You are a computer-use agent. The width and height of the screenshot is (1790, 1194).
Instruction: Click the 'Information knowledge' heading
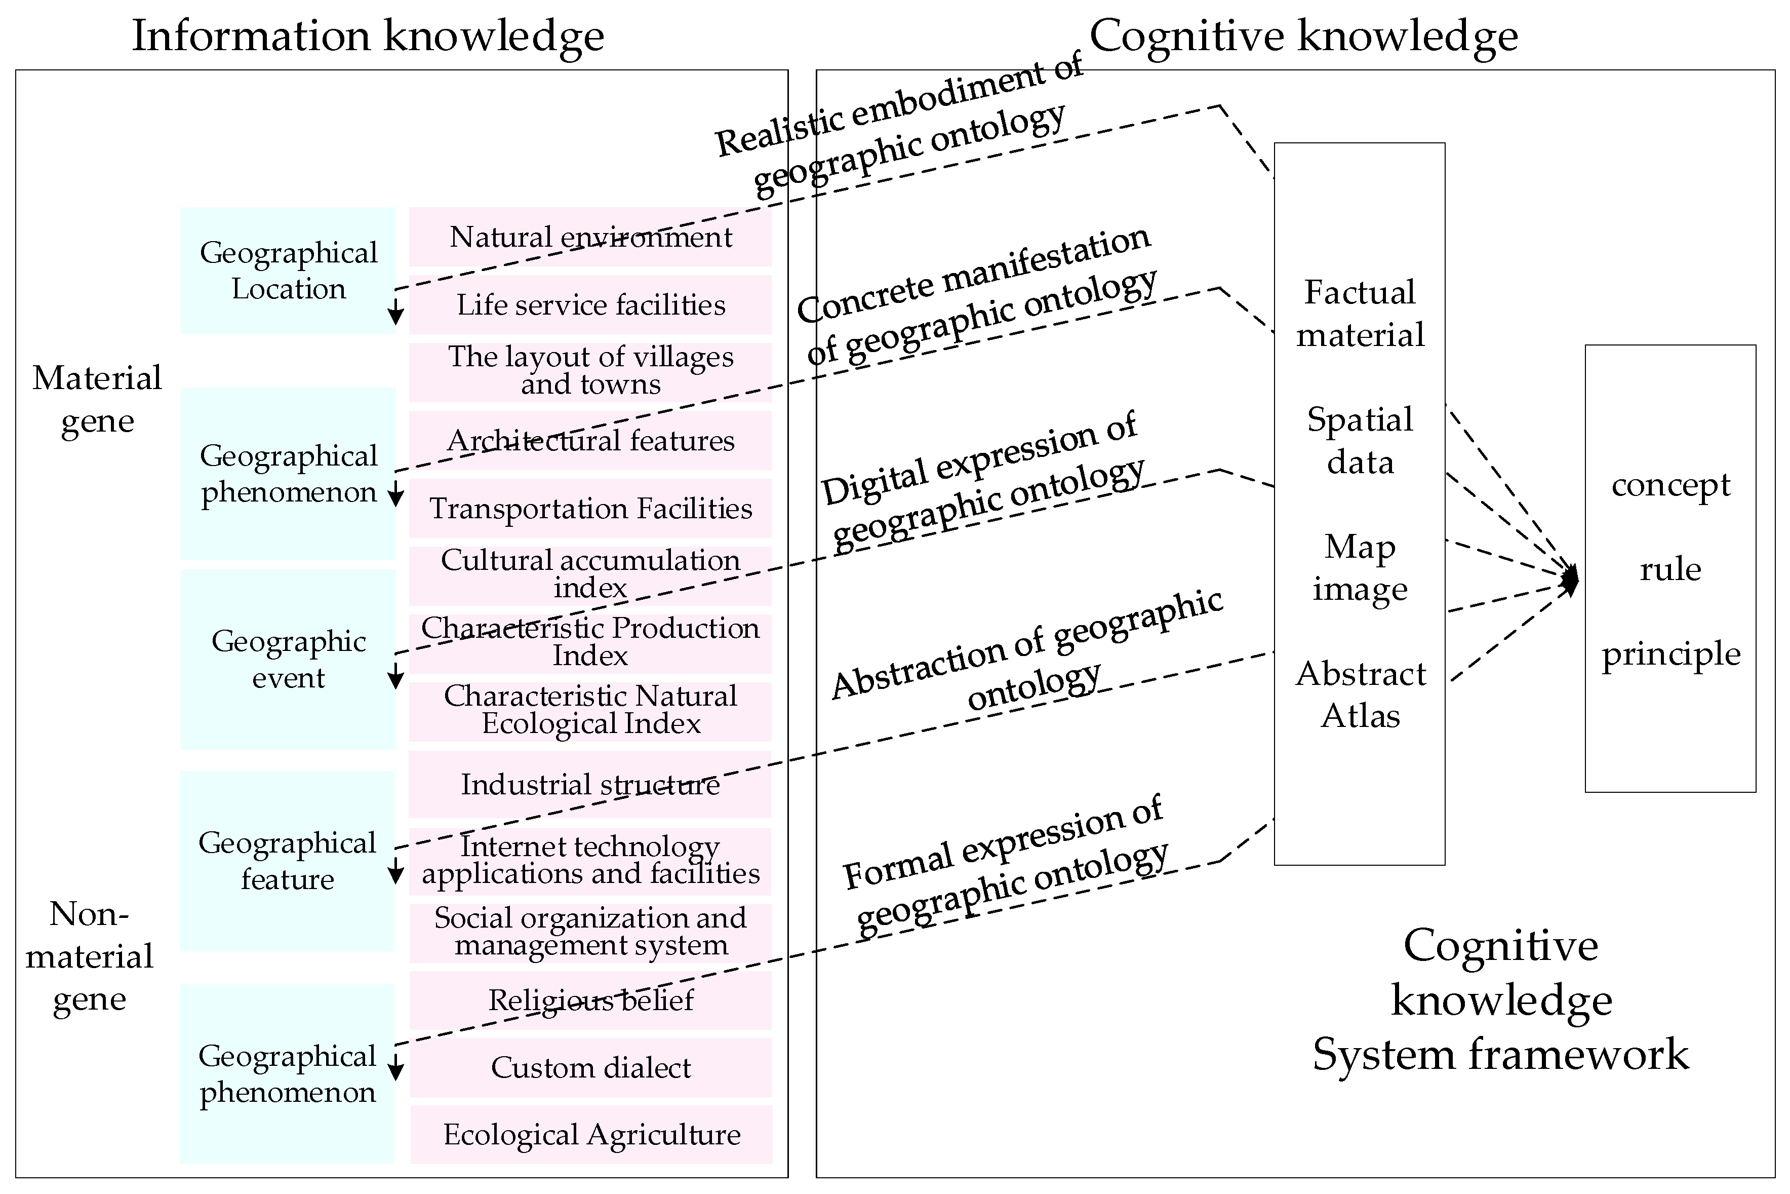click(368, 36)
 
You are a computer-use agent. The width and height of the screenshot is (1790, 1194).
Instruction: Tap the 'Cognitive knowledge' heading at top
click(1304, 36)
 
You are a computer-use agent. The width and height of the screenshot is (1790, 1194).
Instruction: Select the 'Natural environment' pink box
click(590, 237)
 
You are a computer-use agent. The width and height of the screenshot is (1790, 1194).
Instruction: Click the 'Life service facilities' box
click(590, 304)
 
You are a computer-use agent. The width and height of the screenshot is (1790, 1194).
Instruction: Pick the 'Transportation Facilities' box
click(590, 508)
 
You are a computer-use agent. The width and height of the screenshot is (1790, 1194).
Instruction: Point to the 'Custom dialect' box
click(590, 1067)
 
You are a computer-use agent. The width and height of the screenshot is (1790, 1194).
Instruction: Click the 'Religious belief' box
click(590, 1000)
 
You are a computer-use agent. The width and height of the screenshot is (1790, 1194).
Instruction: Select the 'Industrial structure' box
click(590, 784)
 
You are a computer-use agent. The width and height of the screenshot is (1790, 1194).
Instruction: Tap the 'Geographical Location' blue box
click(289, 271)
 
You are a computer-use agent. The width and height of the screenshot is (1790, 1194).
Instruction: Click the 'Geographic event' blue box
click(289, 659)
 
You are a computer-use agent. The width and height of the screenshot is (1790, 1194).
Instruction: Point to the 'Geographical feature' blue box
click(287, 861)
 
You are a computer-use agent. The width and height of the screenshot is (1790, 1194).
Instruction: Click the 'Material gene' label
click(97, 398)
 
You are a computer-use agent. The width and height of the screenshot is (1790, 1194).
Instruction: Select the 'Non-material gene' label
click(89, 956)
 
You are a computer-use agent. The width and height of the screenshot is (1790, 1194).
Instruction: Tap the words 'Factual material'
click(1360, 313)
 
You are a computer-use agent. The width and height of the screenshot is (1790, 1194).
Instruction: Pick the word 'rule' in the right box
click(1670, 569)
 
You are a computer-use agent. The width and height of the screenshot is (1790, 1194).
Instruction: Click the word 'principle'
click(1670, 653)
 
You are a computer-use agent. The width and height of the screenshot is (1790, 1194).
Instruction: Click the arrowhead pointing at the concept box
click(1571, 581)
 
